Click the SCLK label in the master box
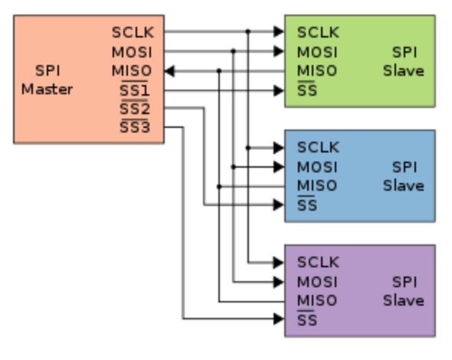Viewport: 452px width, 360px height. [133, 32]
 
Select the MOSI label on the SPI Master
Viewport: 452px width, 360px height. [132, 52]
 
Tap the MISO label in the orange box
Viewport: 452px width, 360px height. [132, 71]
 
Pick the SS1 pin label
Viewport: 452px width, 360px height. [135, 90]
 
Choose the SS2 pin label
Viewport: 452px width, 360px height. [135, 108]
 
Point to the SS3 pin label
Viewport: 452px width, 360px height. [135, 127]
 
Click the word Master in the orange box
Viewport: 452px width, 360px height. [47, 90]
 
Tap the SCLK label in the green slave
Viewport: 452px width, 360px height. [318, 32]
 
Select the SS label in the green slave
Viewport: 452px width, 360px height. [307, 90]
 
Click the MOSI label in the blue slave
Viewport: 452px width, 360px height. [317, 167]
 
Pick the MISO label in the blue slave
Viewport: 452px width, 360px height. [317, 185]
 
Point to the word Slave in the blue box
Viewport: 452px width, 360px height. [404, 185]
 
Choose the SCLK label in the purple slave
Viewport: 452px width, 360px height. [318, 262]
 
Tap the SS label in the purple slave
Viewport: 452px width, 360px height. [307, 319]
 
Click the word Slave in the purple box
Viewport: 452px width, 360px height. [404, 300]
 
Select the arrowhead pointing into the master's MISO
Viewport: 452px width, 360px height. [169, 71]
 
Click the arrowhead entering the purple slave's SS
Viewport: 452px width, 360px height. [279, 319]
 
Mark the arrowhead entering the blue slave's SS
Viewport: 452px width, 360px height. [279, 205]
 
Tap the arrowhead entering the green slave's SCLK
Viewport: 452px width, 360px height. [279, 31]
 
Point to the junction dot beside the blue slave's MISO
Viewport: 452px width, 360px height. [219, 187]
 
